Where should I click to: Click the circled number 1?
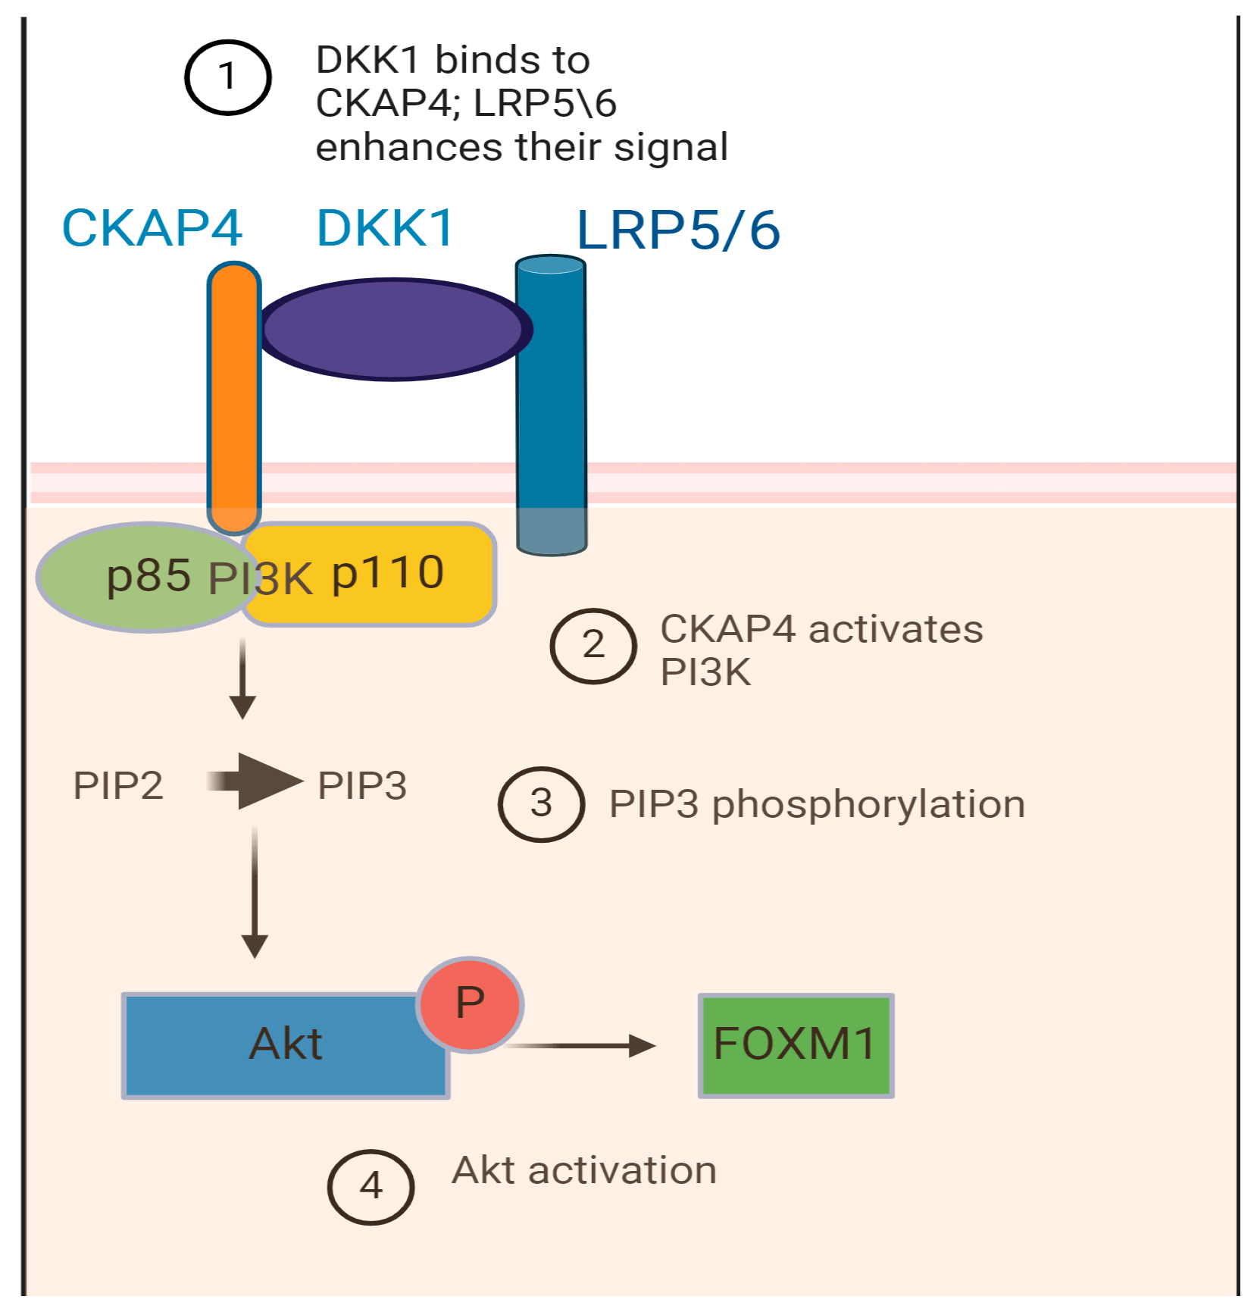click(x=227, y=77)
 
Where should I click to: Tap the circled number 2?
click(x=593, y=646)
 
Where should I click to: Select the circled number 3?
click(x=541, y=804)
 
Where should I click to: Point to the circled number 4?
click(x=371, y=1186)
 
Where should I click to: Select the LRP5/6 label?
click(x=678, y=230)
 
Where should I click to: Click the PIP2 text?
click(x=118, y=785)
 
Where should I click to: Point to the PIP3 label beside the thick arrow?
click(x=362, y=785)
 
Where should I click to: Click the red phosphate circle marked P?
click(x=470, y=1004)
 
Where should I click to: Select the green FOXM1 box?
click(x=796, y=1045)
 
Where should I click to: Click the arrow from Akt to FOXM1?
click(x=583, y=1045)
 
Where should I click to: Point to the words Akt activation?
click(x=584, y=1170)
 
